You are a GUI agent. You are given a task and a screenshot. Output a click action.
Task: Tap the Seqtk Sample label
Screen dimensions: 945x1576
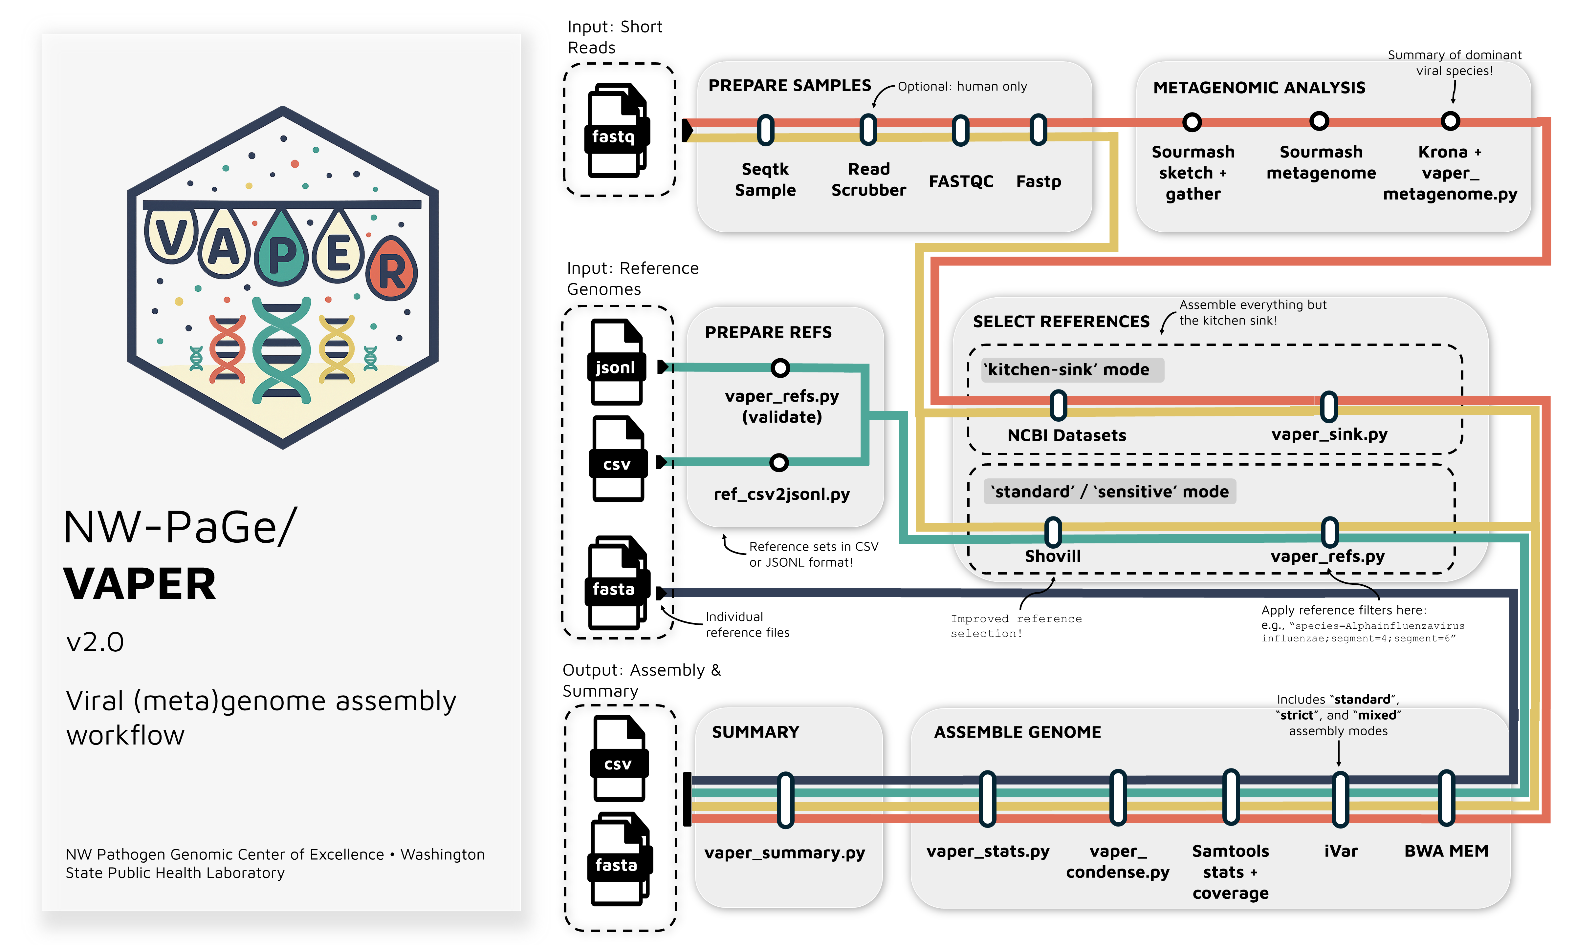pos(765,179)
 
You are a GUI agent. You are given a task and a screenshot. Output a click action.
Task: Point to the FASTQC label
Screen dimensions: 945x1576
pos(961,181)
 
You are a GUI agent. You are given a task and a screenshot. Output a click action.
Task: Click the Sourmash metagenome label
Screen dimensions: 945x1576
pos(1321,162)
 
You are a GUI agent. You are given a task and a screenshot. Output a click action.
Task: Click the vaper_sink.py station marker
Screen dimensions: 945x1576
pos(1329,407)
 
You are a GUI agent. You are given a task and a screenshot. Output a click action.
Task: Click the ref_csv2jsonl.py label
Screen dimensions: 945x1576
pos(782,494)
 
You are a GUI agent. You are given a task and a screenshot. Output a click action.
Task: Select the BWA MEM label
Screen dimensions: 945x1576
pos(1446,851)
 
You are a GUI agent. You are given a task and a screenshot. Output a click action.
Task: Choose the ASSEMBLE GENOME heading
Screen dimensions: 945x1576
pos(1017,732)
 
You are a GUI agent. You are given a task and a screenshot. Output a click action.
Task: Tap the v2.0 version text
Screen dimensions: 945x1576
pos(96,642)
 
